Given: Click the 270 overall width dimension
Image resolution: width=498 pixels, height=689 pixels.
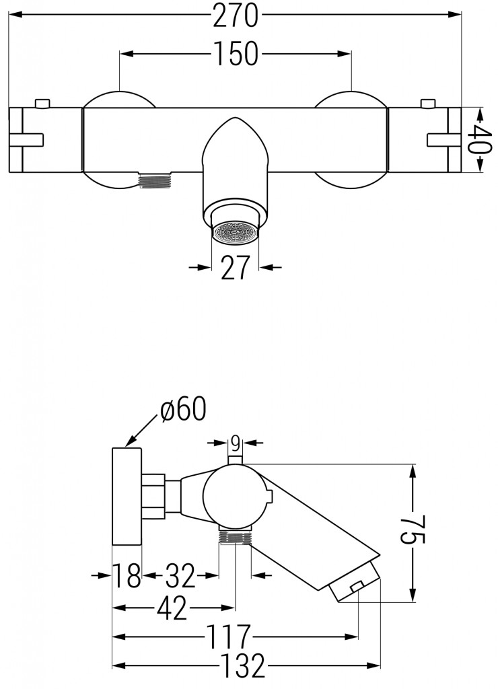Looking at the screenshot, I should point(236,17).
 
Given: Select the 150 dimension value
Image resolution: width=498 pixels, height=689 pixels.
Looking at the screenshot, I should point(236,55).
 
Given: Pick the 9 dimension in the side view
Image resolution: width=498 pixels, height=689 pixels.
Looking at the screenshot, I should point(235,442).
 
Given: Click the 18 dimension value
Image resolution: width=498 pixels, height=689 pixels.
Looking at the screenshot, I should point(127,575).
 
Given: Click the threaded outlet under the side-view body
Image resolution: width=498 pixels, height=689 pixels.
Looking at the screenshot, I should point(235,536).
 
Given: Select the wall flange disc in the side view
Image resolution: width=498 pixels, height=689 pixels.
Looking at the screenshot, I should point(127,497).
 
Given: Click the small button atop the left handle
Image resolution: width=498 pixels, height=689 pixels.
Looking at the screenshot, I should point(42,103).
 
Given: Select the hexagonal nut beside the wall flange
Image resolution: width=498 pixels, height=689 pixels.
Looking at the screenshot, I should point(154,497).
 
